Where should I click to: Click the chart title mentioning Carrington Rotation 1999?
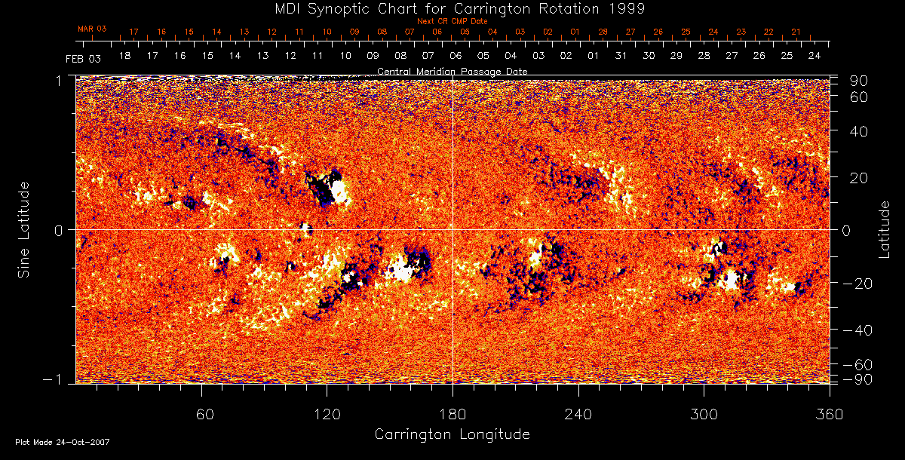(x=452, y=9)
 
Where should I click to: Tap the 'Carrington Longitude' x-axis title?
(x=452, y=434)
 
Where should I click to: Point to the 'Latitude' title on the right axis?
(x=884, y=229)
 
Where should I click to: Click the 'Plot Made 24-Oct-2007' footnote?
(x=63, y=442)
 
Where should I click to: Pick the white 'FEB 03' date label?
(x=83, y=58)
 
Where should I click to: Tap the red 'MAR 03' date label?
(x=92, y=29)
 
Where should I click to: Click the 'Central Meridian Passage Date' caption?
(x=452, y=71)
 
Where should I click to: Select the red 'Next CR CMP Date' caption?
(x=452, y=21)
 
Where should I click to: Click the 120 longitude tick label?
(x=327, y=415)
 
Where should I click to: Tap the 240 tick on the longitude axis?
(x=578, y=415)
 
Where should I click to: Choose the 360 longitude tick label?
(x=830, y=415)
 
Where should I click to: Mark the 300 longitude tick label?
(x=704, y=415)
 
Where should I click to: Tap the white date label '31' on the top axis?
(x=621, y=57)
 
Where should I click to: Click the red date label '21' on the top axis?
(x=796, y=32)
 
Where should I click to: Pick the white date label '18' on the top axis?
(x=124, y=57)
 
